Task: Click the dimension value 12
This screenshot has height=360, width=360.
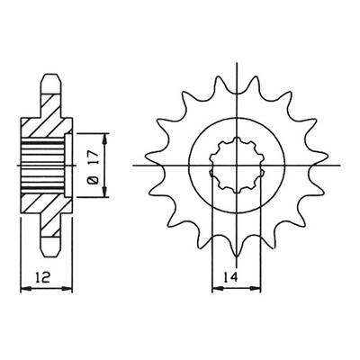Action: click(x=42, y=277)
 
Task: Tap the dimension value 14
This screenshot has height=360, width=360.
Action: click(x=230, y=277)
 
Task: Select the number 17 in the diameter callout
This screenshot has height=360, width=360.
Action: click(x=94, y=159)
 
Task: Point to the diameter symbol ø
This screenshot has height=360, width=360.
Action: click(x=94, y=180)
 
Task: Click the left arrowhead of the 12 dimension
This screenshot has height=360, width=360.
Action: click(x=25, y=290)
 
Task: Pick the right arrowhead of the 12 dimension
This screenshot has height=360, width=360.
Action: click(x=67, y=290)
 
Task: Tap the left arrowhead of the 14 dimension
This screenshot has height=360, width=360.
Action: click(x=218, y=290)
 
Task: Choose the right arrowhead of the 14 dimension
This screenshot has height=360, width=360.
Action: click(x=256, y=290)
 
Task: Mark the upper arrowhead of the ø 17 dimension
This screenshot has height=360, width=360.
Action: click(x=104, y=139)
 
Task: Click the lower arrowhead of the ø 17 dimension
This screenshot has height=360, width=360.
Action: click(x=104, y=192)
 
